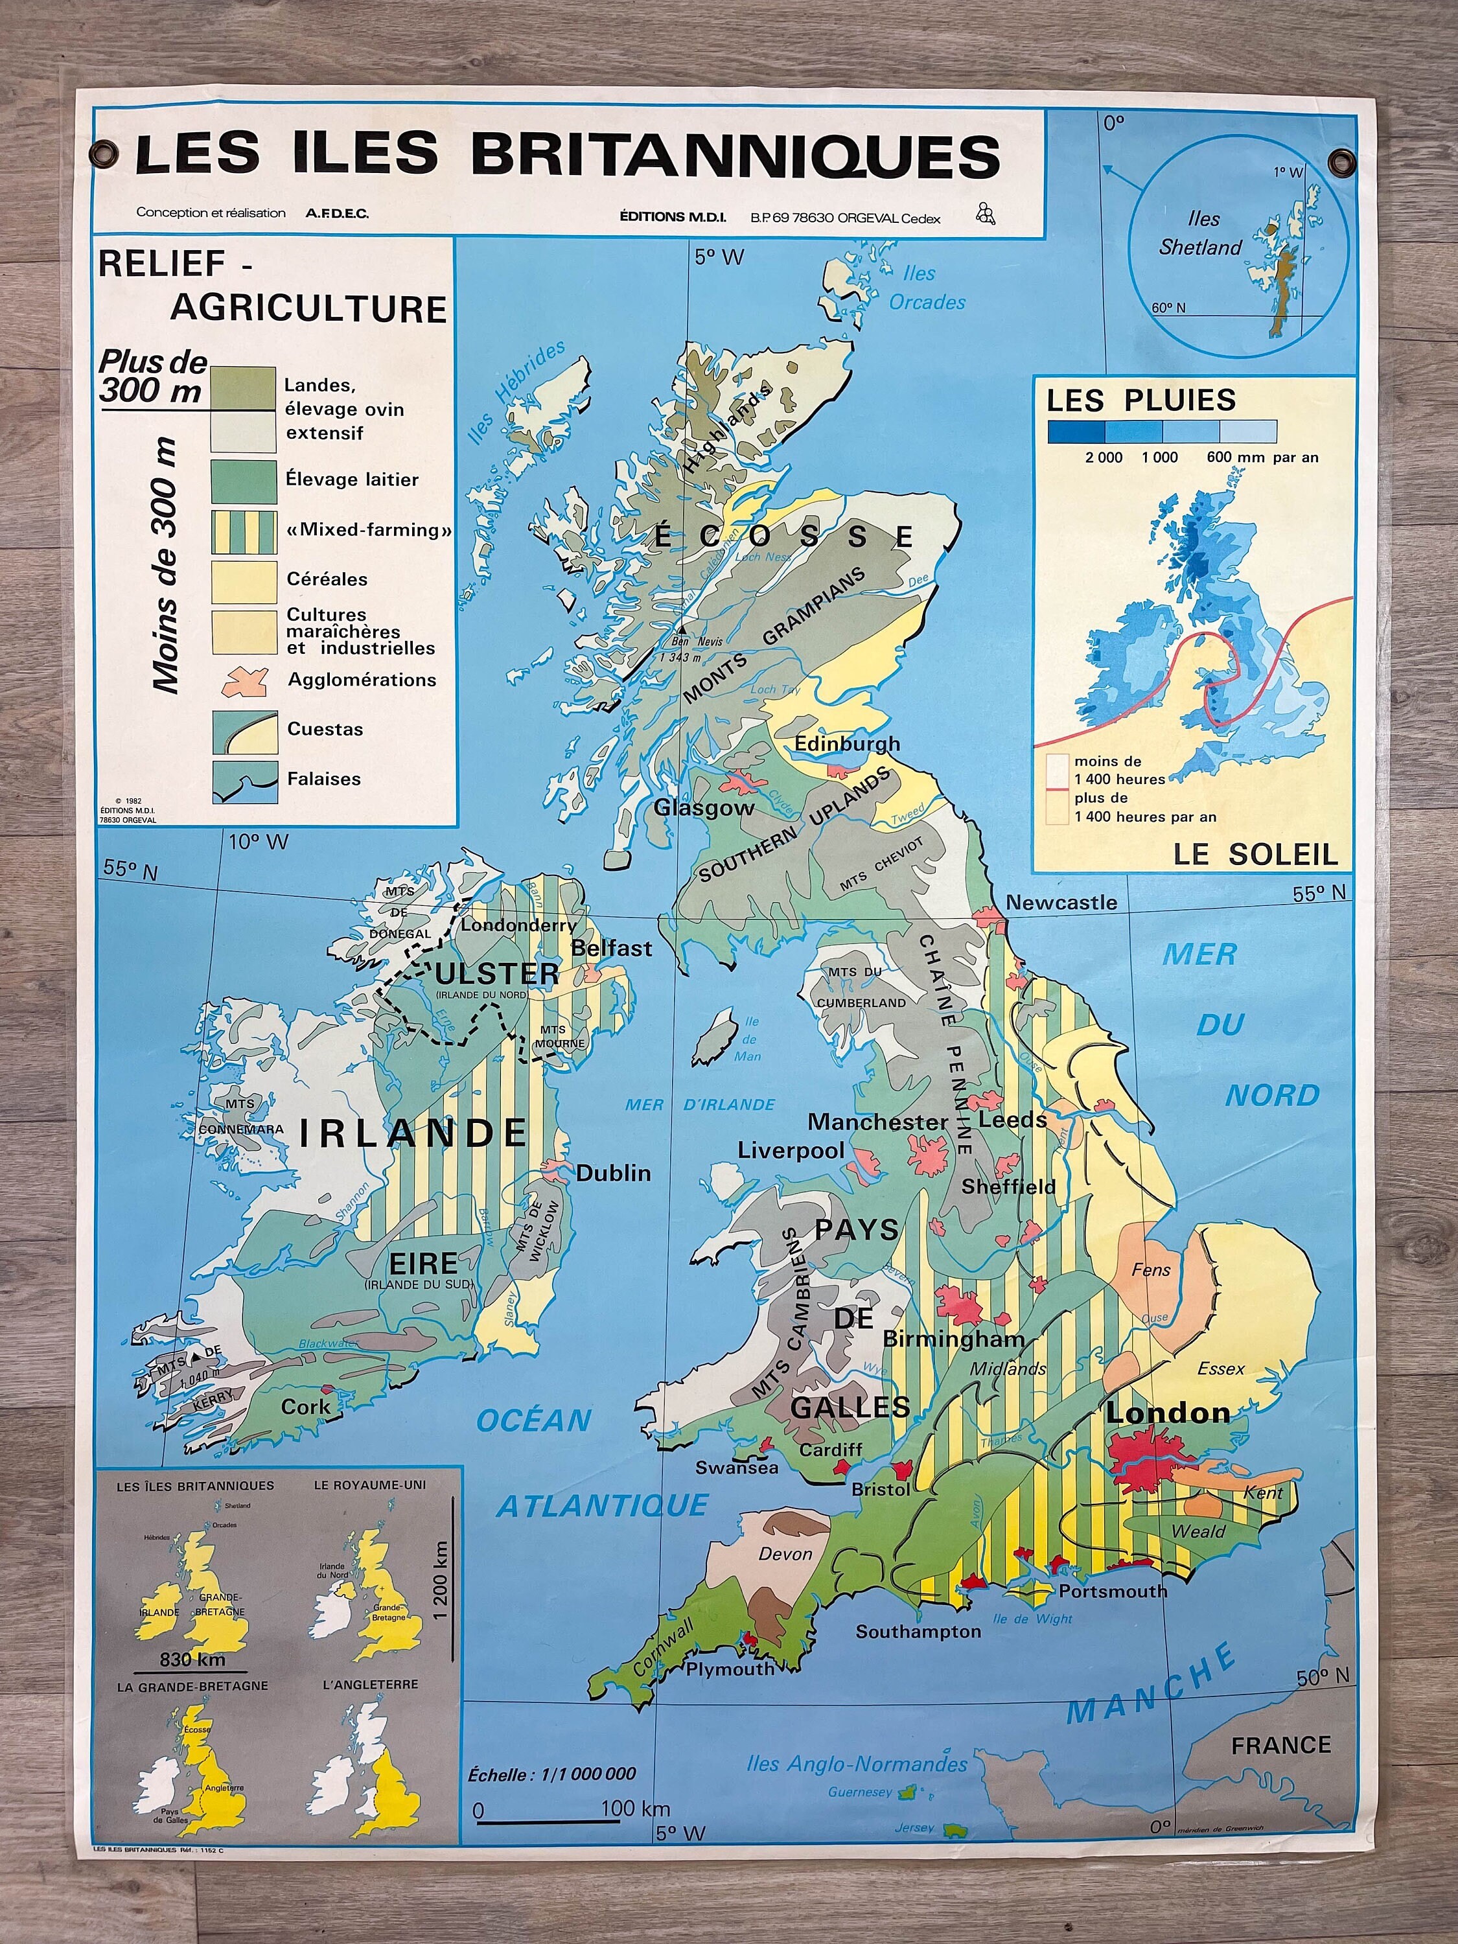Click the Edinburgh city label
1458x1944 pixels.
click(847, 743)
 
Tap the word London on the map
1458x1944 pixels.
click(1167, 1412)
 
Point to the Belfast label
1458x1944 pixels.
click(612, 948)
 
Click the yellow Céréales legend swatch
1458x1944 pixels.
click(244, 581)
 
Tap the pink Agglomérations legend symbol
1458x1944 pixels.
click(244, 680)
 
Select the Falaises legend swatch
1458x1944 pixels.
click(244, 780)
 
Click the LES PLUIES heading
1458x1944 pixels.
click(1140, 400)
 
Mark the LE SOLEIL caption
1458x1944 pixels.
click(1255, 853)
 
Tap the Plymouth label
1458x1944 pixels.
click(730, 1669)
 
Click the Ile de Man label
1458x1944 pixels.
click(749, 1039)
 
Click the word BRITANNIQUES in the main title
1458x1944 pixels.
click(735, 155)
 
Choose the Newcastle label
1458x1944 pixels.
click(1061, 903)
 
